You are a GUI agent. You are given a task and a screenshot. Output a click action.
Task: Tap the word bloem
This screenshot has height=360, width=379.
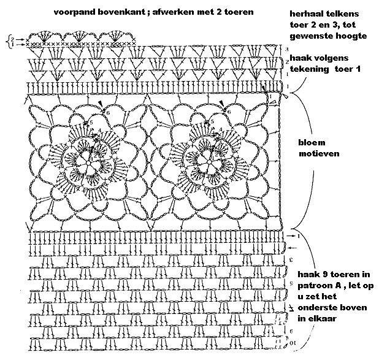pyautogui.click(x=312, y=143)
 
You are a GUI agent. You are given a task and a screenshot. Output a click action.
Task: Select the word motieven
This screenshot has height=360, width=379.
pyautogui.click(x=319, y=153)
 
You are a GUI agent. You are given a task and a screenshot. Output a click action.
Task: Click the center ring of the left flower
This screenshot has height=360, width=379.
pyautogui.click(x=88, y=163)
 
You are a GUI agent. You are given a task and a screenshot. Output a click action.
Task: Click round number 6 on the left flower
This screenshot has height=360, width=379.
pyautogui.click(x=108, y=113)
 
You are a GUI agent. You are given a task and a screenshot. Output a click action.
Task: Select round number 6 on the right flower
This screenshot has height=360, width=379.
pyautogui.click(x=229, y=112)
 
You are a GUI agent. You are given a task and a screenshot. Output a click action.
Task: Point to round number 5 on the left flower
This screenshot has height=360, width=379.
pyautogui.click(x=91, y=123)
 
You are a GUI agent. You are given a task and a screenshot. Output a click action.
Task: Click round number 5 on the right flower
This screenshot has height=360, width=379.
pyautogui.click(x=212, y=122)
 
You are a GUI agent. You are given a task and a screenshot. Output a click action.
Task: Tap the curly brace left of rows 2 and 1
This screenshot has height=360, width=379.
pyautogui.click(x=9, y=42)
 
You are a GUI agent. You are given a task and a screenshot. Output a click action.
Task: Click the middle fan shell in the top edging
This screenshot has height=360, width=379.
pyautogui.click(x=78, y=36)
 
